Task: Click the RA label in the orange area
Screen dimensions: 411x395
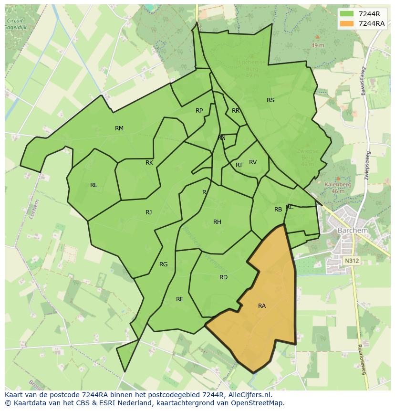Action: tap(262, 306)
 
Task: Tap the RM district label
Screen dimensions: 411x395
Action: tap(119, 128)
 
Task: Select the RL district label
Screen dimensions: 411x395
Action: tap(94, 185)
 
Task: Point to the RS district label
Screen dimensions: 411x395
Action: tap(270, 100)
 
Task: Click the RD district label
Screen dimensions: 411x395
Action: tap(223, 277)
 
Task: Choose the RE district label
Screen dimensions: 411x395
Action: tap(180, 299)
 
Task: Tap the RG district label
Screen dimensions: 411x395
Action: tap(164, 264)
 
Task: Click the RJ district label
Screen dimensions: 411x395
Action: tap(149, 212)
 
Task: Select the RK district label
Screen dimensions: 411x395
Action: tap(149, 163)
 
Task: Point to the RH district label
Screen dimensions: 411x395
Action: tap(218, 222)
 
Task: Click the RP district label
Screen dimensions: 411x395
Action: tap(199, 111)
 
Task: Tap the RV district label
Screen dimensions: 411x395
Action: tap(253, 162)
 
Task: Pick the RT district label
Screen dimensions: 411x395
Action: tap(239, 165)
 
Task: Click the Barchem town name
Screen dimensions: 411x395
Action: tap(353, 230)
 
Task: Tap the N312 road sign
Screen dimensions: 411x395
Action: tap(352, 261)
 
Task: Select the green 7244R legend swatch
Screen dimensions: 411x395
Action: tap(346, 13)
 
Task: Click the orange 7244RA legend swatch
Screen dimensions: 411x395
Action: tap(346, 23)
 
